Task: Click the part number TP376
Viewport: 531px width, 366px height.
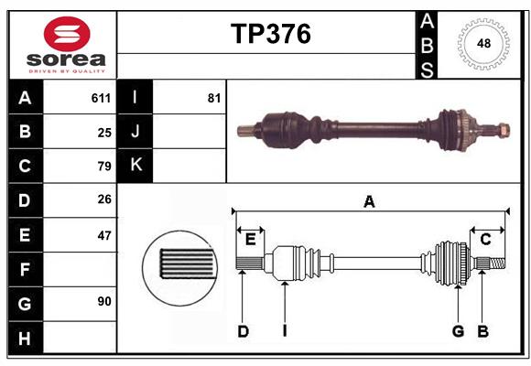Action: [x=270, y=34]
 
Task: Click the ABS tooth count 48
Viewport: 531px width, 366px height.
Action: [x=482, y=44]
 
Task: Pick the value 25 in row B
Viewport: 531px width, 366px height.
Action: [x=104, y=133]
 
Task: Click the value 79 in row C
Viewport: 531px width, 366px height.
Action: [x=104, y=167]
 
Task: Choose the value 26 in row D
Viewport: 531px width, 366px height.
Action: [x=104, y=200]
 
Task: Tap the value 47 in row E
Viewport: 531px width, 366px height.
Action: [x=104, y=235]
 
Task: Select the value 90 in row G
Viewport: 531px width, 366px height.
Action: [x=104, y=302]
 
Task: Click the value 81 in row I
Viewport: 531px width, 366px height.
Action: [x=214, y=98]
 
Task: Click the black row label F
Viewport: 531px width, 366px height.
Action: [x=25, y=269]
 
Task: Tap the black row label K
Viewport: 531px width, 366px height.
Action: [x=135, y=166]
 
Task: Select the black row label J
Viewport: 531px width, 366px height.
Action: [x=135, y=132]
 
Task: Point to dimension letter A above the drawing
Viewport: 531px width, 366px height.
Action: [x=369, y=201]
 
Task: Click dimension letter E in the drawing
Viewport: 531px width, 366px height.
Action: [x=250, y=240]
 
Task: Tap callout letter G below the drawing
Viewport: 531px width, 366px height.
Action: [x=458, y=331]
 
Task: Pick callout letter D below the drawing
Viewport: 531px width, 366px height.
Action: [x=243, y=331]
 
